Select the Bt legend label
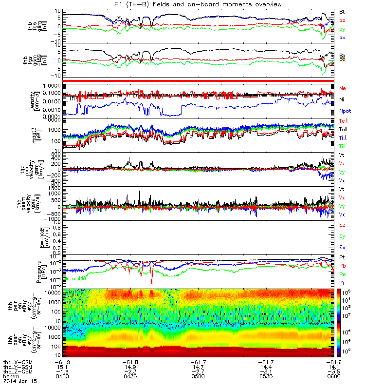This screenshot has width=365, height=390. coord(342,11)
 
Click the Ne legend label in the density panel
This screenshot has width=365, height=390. coord(343,88)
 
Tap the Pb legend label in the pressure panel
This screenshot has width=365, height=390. coord(343,266)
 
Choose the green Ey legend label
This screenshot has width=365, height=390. coord(343,236)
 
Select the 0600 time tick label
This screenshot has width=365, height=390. coord(334,376)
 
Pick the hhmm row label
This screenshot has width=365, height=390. coord(9,376)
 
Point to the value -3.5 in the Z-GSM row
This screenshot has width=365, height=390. coord(334,371)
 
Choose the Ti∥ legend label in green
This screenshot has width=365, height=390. coord(342,145)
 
